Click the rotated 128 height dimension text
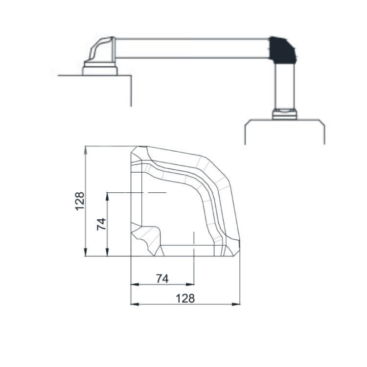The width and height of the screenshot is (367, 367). [x=80, y=201]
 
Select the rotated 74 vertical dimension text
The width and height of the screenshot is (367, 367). [x=101, y=224]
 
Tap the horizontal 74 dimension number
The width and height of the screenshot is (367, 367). [x=162, y=278]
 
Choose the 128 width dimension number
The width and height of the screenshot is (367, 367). [x=185, y=298]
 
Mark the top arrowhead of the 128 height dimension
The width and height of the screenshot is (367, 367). [x=86, y=149]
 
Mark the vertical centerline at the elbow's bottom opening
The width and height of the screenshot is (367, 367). [x=194, y=250]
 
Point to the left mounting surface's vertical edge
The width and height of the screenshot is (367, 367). [x=131, y=91]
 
